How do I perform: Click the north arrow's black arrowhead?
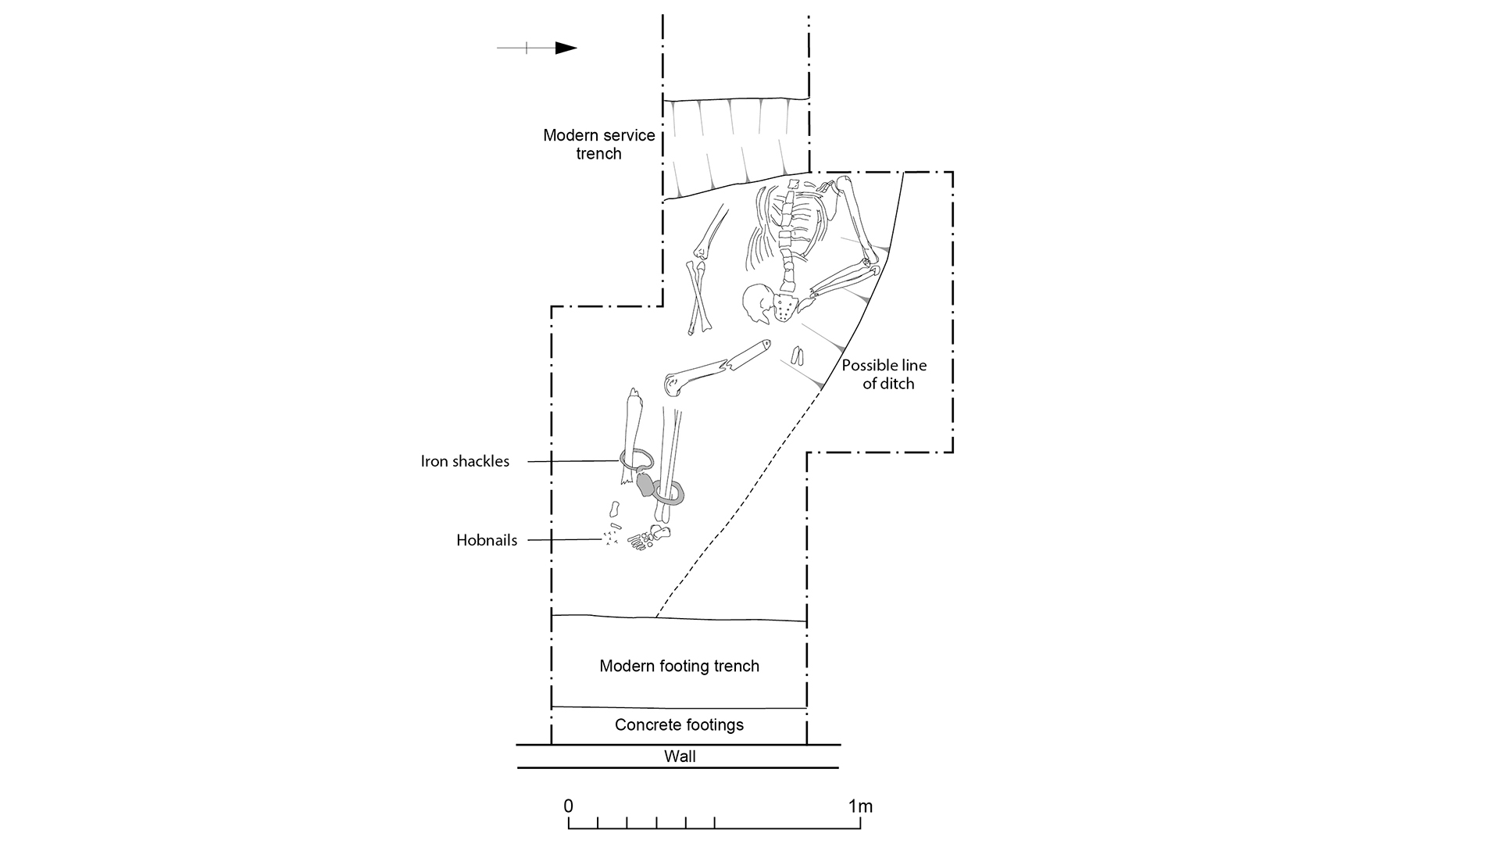point(566,48)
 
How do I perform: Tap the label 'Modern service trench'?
point(599,145)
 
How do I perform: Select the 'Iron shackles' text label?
point(465,461)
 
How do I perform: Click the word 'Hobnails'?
point(487,540)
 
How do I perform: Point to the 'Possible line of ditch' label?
point(884,374)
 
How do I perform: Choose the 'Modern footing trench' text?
point(679,666)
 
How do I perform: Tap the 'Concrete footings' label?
point(679,724)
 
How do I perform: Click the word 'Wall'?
point(680,756)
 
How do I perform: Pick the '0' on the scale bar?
point(569,806)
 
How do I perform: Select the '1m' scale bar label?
point(860,806)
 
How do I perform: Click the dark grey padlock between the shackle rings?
point(645,485)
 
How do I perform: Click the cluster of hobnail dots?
point(610,538)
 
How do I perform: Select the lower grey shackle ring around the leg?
point(669,492)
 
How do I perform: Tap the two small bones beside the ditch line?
point(798,356)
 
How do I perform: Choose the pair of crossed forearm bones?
point(698,298)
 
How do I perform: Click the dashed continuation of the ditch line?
point(738,503)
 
